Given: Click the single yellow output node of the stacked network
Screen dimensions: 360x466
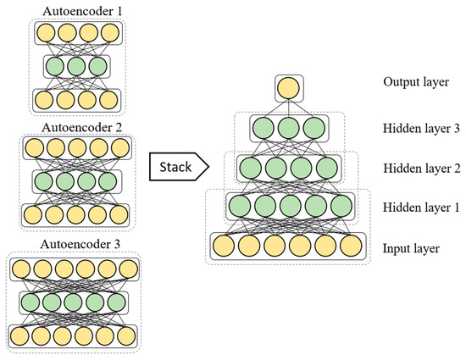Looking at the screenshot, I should tap(288, 87).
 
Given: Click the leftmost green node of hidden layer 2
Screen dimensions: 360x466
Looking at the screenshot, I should tap(249, 167).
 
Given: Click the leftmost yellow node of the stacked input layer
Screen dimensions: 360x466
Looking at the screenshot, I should tap(225, 247).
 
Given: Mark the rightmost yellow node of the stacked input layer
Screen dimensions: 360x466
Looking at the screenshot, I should tap(352, 247).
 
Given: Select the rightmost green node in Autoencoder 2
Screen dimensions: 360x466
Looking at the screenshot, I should tap(107, 182).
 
